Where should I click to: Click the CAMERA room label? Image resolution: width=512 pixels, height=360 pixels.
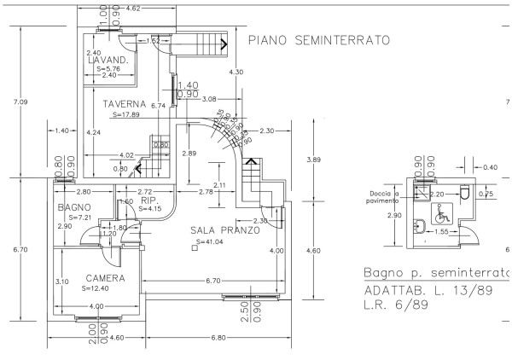coord(106,278)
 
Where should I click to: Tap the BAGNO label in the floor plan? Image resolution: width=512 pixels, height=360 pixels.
coord(74,207)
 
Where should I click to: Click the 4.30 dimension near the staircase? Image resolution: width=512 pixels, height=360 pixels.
coord(238,72)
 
